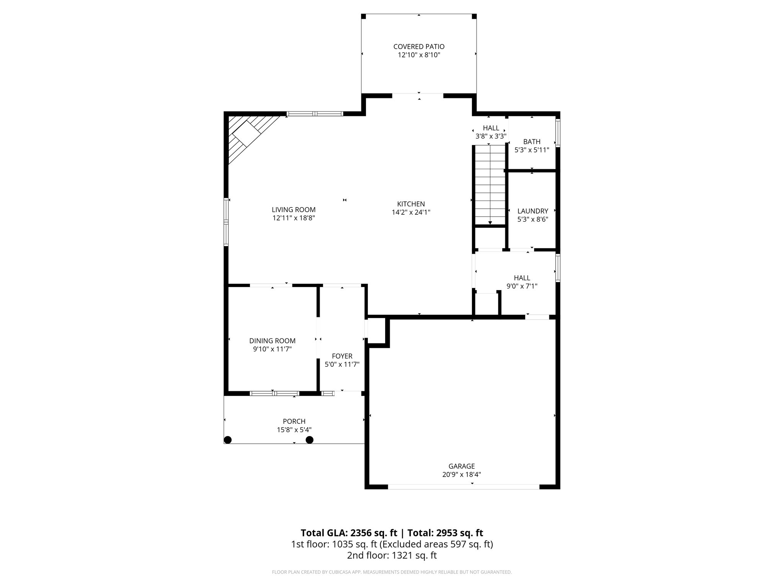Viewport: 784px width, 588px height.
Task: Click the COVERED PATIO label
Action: coord(419,47)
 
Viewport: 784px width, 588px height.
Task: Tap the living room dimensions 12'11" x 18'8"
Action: coord(294,218)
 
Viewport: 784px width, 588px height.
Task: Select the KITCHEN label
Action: coord(411,204)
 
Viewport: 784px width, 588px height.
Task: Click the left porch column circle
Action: coord(228,440)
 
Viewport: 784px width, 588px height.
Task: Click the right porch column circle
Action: coord(309,440)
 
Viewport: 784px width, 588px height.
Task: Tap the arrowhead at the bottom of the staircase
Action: coord(490,223)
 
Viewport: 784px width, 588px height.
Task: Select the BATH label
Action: coord(532,142)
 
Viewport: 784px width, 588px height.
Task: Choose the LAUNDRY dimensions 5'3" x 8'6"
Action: coord(532,219)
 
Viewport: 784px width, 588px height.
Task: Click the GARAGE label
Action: coord(461,466)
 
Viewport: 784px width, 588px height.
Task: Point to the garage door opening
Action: coord(464,487)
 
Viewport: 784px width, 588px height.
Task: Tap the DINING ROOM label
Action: coord(272,341)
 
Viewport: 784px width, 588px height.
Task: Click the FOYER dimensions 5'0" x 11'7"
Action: coord(342,364)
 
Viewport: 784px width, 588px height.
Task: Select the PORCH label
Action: coord(294,421)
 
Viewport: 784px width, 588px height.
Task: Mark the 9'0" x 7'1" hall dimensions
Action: coord(522,286)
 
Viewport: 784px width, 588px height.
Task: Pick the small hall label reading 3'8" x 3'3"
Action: coord(491,136)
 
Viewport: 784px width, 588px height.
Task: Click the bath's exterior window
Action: coord(558,133)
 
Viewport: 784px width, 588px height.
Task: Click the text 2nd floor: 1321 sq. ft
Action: coord(392,555)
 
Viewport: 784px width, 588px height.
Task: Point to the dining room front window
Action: coord(274,393)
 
